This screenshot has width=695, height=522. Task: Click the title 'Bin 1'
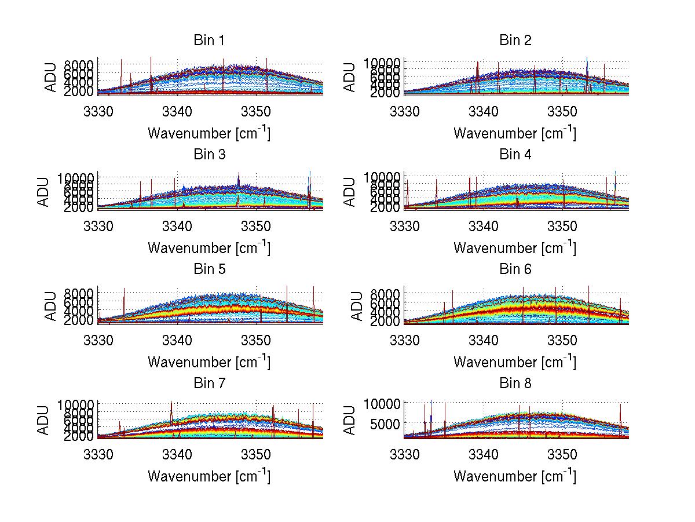click(209, 41)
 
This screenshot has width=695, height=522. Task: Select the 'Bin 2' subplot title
click(515, 41)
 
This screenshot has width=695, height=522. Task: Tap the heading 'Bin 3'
click(209, 155)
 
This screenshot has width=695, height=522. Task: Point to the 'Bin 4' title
click(515, 155)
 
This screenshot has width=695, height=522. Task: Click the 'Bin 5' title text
click(209, 269)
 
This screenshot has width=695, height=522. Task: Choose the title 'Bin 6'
click(515, 269)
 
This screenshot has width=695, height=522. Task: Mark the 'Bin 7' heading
click(209, 384)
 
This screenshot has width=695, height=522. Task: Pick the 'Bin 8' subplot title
click(515, 384)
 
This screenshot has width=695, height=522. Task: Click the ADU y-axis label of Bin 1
click(51, 76)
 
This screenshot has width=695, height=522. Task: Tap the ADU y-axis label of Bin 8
click(350, 419)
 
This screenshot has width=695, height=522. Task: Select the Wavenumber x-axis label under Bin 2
click(515, 134)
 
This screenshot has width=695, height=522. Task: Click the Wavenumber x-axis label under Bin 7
click(209, 476)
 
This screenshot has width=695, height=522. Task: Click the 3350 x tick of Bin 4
click(562, 225)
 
